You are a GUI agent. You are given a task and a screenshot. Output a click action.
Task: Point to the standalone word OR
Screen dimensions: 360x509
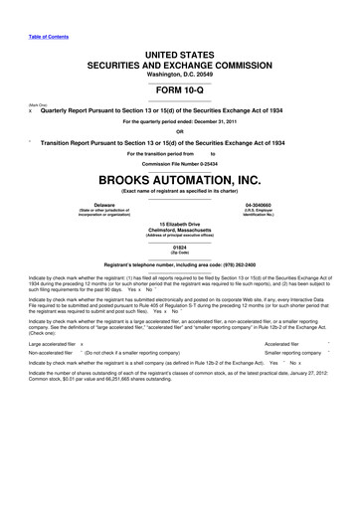point(180,131)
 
